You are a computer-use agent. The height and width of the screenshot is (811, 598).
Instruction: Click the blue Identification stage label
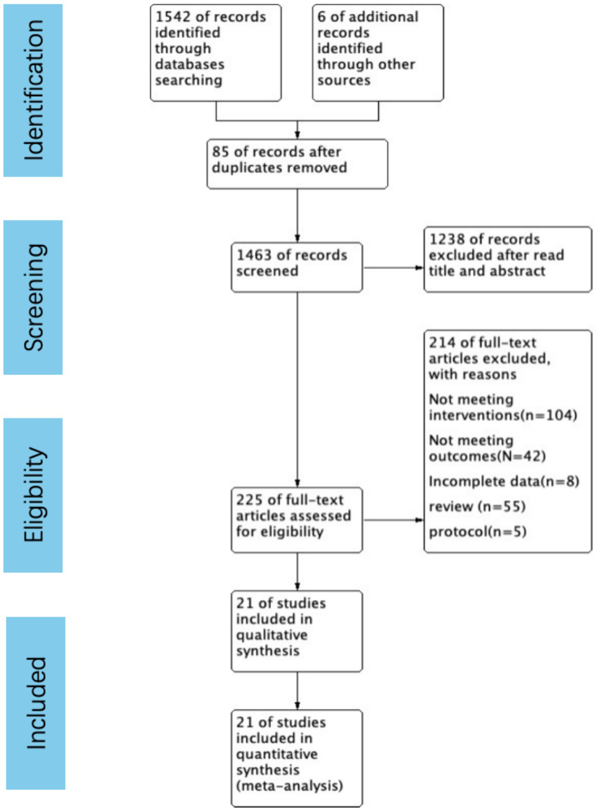33,90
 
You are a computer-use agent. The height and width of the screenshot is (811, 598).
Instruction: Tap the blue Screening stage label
33,297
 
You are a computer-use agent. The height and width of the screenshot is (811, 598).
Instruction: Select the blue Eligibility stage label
33,495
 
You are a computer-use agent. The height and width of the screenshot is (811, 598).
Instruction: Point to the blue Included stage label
36,703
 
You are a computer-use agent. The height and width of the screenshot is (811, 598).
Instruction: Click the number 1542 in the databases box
173,17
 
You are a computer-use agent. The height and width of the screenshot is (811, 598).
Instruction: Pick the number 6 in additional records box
321,17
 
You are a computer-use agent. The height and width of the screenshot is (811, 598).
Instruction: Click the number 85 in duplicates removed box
220,151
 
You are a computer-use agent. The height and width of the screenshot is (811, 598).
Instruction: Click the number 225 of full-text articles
249,500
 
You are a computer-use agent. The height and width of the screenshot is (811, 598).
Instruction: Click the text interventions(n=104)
503,415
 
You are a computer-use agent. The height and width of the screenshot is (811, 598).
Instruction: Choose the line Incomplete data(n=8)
504,481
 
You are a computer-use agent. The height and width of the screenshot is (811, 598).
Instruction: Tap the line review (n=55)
477,506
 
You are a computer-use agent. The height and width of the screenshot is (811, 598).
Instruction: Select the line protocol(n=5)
477,531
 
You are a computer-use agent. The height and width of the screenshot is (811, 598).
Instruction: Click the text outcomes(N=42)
487,456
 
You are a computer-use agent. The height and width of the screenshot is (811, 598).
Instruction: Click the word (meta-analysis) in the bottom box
289,786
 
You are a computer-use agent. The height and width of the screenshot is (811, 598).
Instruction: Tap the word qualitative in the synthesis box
272,635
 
